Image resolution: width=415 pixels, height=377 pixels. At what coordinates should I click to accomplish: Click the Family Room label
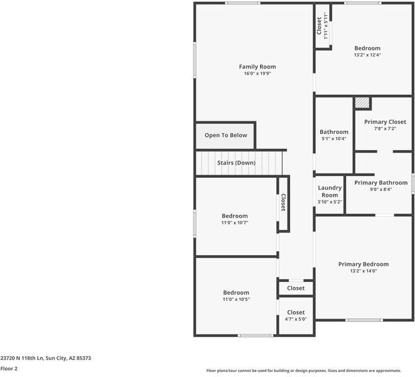257,67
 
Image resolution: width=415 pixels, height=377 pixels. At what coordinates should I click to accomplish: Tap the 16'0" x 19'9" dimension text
257,74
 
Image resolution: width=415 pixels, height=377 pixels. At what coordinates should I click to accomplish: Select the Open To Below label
226,135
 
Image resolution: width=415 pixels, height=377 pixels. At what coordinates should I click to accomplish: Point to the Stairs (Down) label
236,163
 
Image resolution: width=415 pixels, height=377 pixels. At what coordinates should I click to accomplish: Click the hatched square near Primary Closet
362,102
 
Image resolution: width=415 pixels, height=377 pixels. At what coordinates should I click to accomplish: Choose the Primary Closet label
385,122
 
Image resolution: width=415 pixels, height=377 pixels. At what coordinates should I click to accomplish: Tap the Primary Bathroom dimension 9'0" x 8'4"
381,189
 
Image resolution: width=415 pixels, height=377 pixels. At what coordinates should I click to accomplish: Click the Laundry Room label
330,191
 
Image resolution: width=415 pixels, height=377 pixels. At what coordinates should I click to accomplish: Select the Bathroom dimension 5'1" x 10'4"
334,139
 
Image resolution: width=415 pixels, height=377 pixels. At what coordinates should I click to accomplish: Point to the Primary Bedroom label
364,264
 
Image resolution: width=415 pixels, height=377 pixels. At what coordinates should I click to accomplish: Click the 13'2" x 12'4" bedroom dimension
367,55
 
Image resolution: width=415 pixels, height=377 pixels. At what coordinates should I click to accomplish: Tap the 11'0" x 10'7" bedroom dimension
235,222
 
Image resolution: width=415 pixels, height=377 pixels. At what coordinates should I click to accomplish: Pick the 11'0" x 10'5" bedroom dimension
236,299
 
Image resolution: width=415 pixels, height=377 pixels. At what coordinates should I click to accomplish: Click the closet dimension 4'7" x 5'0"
296,319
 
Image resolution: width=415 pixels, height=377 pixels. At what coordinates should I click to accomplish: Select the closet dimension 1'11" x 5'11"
326,26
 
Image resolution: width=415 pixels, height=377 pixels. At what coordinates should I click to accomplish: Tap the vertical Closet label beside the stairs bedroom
283,202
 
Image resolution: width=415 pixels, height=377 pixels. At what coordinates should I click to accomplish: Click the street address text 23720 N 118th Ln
22,358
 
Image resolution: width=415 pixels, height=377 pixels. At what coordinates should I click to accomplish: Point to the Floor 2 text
9,369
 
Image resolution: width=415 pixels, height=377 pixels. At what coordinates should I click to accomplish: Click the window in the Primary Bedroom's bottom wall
364,320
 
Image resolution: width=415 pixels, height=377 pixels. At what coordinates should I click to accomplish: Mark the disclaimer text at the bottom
304,371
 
